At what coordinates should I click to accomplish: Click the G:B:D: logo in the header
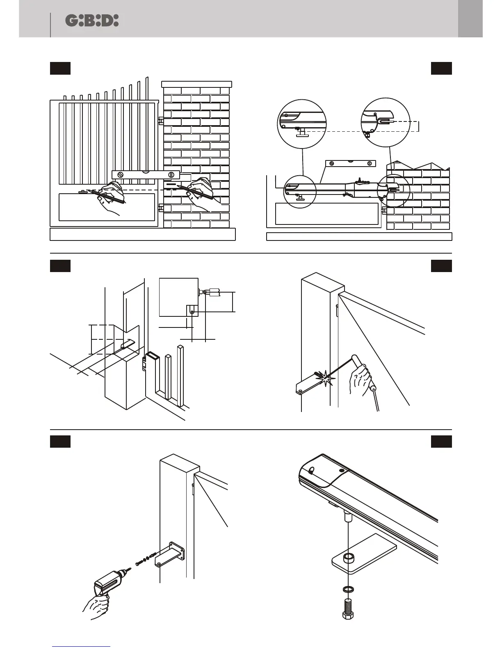pos(92,21)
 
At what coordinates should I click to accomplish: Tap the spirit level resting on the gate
pos(146,174)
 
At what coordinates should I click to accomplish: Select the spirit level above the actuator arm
pos(350,163)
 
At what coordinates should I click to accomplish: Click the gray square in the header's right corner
pos(470,18)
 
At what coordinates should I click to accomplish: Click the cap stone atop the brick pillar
pos(197,84)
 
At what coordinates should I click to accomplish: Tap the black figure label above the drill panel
pos(60,442)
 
